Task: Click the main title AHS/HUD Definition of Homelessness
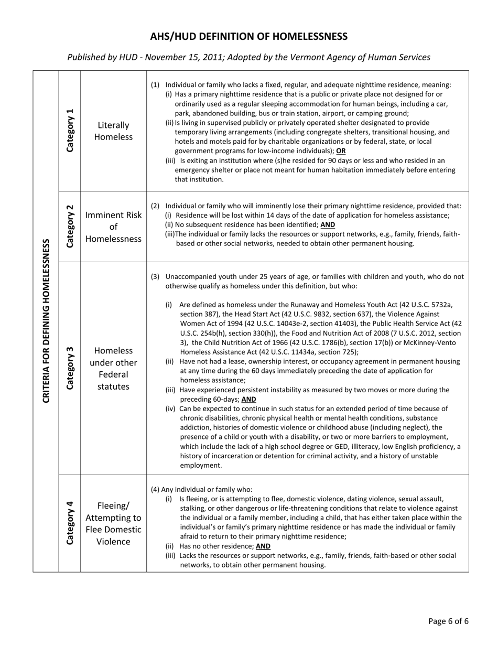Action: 248,36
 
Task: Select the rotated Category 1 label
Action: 70,131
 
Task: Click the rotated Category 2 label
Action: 70,227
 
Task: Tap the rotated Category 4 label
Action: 70,523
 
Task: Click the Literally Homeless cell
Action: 113,131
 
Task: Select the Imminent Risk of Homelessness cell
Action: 113,227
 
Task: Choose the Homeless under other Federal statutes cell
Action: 113,368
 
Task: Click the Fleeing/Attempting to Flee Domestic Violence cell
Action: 113,523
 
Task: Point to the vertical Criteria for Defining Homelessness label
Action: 46,321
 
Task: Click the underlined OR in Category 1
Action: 341,151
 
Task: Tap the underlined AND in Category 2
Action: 328,224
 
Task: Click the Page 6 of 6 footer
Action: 448,621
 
